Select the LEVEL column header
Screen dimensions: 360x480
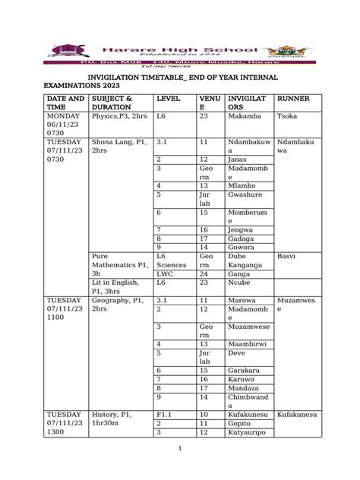(169, 99)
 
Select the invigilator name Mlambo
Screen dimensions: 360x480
(242, 185)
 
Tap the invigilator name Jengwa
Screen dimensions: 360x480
(242, 229)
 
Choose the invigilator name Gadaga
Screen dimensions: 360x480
(242, 238)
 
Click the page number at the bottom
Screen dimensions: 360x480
(180, 448)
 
